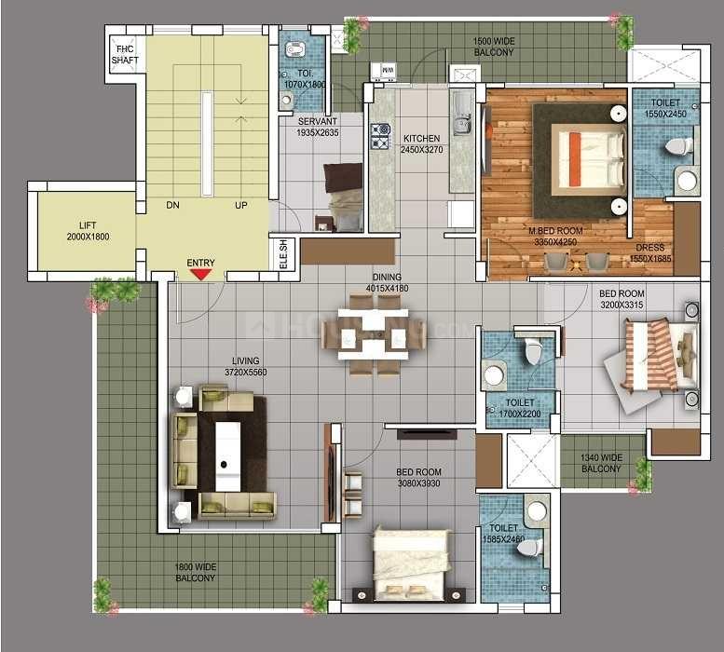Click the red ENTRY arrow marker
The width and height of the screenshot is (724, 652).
pos(200,274)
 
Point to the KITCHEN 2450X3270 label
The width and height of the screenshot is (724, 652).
pos(420,144)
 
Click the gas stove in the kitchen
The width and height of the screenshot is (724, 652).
pos(380,137)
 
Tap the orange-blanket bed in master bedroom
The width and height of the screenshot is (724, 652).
pos(587,155)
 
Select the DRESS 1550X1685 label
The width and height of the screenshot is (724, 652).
pos(649,253)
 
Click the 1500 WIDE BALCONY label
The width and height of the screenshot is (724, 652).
pos(493,47)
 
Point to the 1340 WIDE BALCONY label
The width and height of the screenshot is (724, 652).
pos(601,463)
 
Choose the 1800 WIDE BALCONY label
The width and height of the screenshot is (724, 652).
pos(195,573)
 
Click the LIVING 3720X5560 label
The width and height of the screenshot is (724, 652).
pos(245,366)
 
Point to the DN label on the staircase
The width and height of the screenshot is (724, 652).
pos(172,205)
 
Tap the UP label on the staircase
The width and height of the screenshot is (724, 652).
pos(240,205)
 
